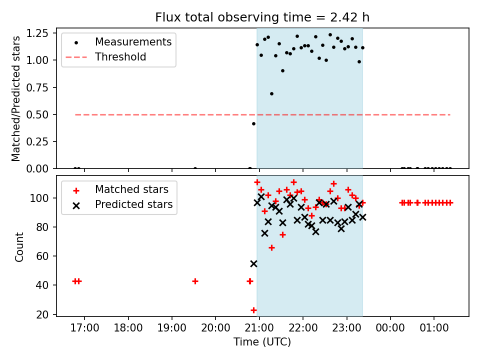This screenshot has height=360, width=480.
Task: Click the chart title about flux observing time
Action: coord(262,17)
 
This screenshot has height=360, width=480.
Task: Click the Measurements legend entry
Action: coord(133,41)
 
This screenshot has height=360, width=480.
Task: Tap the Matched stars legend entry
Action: coord(131,189)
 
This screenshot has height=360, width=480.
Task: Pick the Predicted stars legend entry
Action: coord(133,204)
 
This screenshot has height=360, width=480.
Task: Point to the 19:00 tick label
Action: coord(172,329)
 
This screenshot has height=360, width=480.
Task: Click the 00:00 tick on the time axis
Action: coord(390,329)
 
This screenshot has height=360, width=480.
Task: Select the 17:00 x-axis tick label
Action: coord(84,329)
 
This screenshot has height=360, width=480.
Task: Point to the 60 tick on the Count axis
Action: coord(42,256)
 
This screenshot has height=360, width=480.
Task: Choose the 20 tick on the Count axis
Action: coord(42,314)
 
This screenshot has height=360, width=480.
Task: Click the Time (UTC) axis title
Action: coord(262,342)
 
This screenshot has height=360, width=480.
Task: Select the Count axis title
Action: coord(19,246)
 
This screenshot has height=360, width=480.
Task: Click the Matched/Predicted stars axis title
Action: coord(16,98)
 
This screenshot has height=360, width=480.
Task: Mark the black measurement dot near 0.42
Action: coord(253,123)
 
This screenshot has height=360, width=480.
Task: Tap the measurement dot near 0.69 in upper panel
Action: coord(271,93)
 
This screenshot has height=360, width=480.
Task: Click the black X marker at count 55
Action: coord(253,263)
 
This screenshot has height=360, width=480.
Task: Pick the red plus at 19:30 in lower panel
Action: coord(195,281)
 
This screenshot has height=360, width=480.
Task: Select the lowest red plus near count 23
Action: coord(253,310)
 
